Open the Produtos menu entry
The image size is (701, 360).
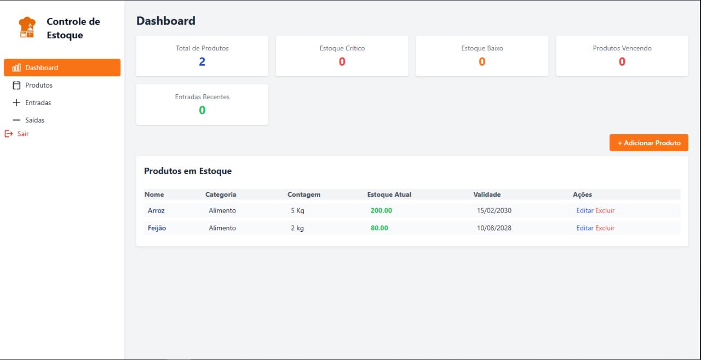38,85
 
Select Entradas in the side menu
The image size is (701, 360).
38,103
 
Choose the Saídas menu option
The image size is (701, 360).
35,120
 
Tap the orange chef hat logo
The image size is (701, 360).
27,27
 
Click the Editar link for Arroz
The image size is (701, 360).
584,210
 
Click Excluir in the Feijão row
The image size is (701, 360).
605,228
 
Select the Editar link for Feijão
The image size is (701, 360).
584,228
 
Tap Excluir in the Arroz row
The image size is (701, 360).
605,210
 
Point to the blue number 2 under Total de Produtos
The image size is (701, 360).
202,62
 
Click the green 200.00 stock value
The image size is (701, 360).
381,210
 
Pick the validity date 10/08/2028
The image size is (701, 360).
494,228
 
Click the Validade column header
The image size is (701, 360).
487,195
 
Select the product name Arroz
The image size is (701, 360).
156,210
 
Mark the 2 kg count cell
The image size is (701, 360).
297,228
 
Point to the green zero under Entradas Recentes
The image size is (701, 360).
202,111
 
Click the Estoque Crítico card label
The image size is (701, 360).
342,48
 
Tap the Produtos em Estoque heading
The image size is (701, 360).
188,171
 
